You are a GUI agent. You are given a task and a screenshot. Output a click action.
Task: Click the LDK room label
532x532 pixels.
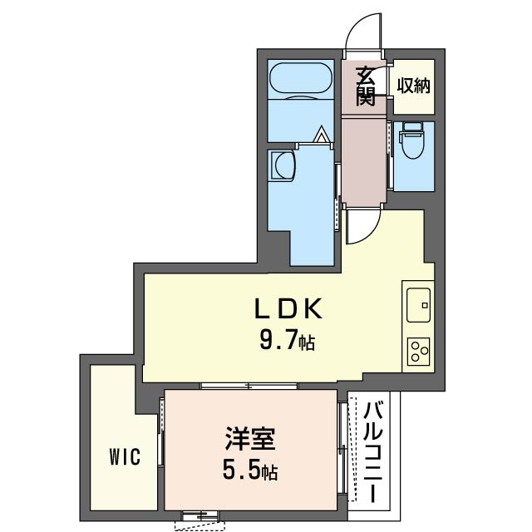coord(287,309)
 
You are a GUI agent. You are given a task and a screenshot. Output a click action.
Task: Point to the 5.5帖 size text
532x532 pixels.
coord(249,472)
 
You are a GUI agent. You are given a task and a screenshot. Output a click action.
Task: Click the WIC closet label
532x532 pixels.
coord(123,456)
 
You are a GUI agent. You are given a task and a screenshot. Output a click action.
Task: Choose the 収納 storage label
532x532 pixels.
coord(413,86)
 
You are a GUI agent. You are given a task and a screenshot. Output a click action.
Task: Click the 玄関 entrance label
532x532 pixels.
coord(366,86)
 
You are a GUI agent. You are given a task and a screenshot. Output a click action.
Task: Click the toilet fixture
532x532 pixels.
coord(411,140)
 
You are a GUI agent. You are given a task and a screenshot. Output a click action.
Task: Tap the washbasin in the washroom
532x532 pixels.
coord(283,165)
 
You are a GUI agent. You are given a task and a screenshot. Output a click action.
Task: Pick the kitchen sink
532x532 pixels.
coord(417,304)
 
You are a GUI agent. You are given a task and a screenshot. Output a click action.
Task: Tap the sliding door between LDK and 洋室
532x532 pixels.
coord(249,385)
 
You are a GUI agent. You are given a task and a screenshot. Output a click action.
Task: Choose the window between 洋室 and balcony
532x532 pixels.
coord(342,449)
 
